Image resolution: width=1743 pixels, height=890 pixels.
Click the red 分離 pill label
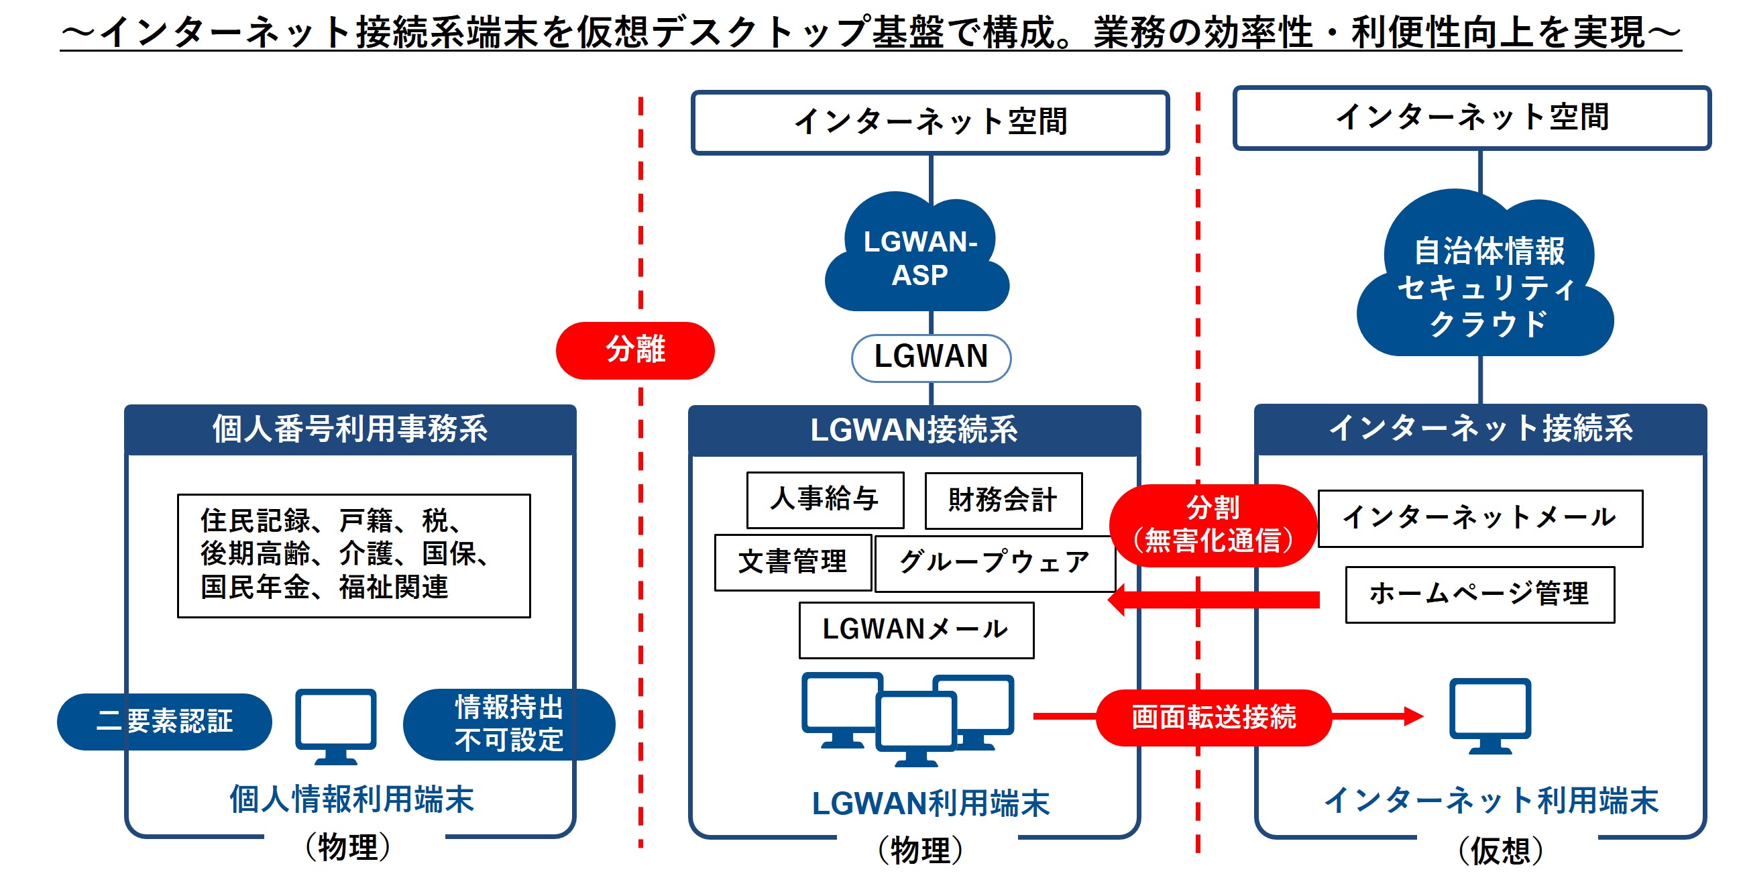tap(634, 350)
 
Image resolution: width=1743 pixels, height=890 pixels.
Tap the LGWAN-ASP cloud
tap(918, 258)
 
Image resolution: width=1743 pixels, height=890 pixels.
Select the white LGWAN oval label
tap(930, 357)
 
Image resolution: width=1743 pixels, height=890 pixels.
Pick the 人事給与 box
tap(824, 500)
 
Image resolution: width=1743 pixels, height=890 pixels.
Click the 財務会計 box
tap(1003, 500)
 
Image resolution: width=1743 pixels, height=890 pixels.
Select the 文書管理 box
tap(792, 562)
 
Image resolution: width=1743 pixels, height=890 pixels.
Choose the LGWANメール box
tap(915, 629)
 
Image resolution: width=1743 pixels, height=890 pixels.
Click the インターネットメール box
tap(1479, 518)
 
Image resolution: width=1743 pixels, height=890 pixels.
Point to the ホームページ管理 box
tap(1479, 594)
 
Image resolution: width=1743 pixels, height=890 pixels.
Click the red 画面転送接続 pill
tap(1213, 718)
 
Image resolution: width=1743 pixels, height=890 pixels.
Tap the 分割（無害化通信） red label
tap(1213, 524)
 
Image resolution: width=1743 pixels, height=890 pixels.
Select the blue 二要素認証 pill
tap(164, 721)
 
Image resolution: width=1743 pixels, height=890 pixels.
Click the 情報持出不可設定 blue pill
tap(508, 724)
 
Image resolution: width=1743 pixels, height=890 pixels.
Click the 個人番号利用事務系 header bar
tap(350, 429)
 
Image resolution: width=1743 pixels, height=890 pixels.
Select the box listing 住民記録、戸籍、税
tap(353, 555)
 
